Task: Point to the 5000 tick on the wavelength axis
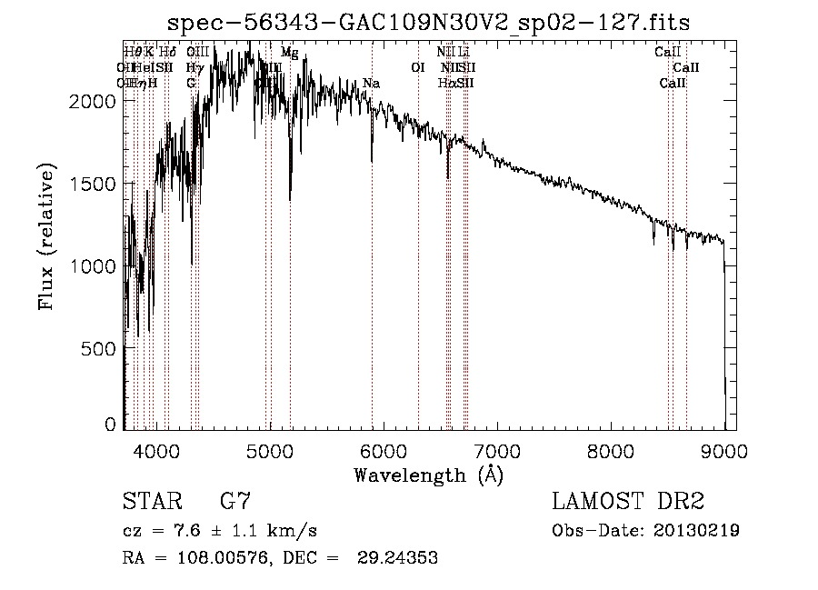tap(269, 448)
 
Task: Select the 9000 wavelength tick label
tap(724, 448)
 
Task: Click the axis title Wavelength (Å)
tap(428, 474)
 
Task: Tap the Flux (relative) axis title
tap(46, 237)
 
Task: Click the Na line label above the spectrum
tap(371, 84)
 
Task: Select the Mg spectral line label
tap(289, 53)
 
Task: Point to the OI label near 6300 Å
tap(418, 68)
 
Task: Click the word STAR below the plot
tap(151, 501)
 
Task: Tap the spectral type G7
tap(235, 501)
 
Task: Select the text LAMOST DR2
tap(628, 501)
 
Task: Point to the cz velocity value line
tap(219, 530)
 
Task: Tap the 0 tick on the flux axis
tap(111, 424)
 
